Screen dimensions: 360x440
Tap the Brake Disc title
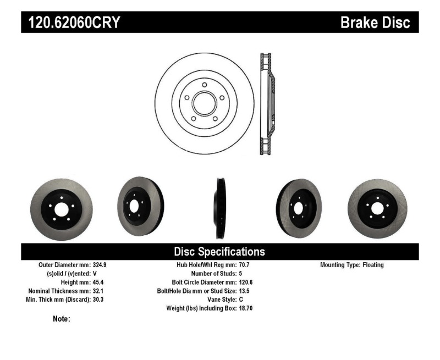(x=376, y=23)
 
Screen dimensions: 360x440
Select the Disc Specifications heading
(x=219, y=252)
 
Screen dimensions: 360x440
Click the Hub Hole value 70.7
(x=245, y=265)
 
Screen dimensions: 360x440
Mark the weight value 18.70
(x=246, y=308)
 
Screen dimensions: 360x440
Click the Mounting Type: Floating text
(x=352, y=265)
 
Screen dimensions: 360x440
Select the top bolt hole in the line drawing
(x=204, y=85)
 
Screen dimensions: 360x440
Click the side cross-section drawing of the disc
(x=267, y=103)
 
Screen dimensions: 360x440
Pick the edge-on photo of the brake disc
(x=221, y=207)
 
